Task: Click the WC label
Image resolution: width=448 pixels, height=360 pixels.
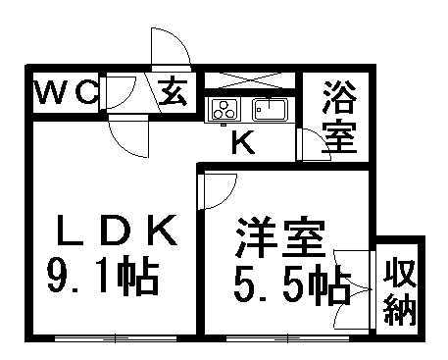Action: (65, 93)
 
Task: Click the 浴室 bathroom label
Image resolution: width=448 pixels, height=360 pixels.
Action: (339, 117)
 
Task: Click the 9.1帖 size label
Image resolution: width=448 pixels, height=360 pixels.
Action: (103, 280)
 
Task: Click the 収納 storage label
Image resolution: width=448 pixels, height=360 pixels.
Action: (400, 289)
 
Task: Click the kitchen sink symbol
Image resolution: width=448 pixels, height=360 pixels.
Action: (268, 108)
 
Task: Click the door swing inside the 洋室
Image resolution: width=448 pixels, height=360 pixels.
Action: (221, 188)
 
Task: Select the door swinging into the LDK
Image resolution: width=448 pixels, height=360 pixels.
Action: (129, 134)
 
